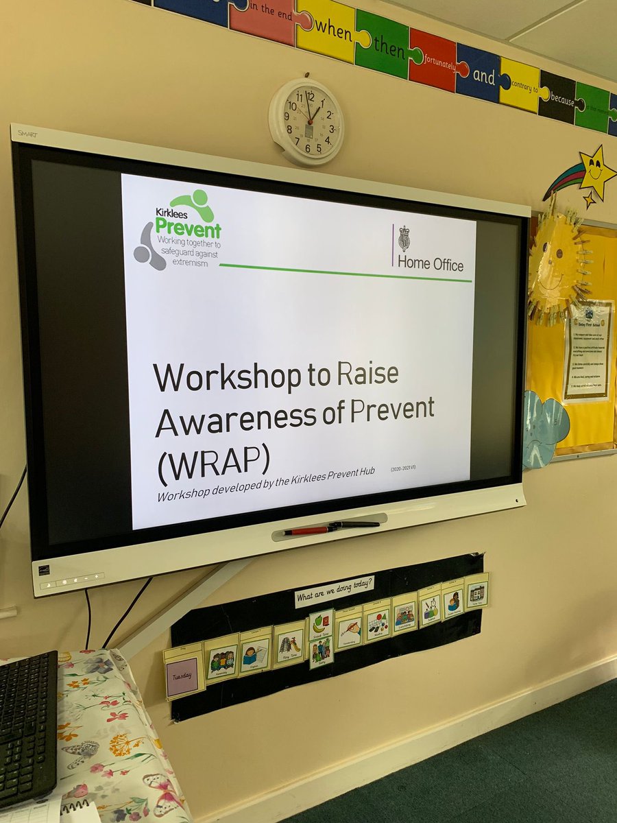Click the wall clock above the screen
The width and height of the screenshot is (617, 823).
[306, 121]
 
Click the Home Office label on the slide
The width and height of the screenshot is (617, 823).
[430, 264]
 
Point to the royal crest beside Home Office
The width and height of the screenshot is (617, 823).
[404, 238]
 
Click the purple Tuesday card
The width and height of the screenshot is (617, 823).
[183, 676]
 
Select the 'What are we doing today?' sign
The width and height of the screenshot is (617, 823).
[335, 591]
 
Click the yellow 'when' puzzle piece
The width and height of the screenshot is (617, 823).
[325, 32]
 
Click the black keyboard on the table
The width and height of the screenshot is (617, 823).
[27, 727]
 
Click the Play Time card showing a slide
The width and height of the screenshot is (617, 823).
[289, 644]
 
